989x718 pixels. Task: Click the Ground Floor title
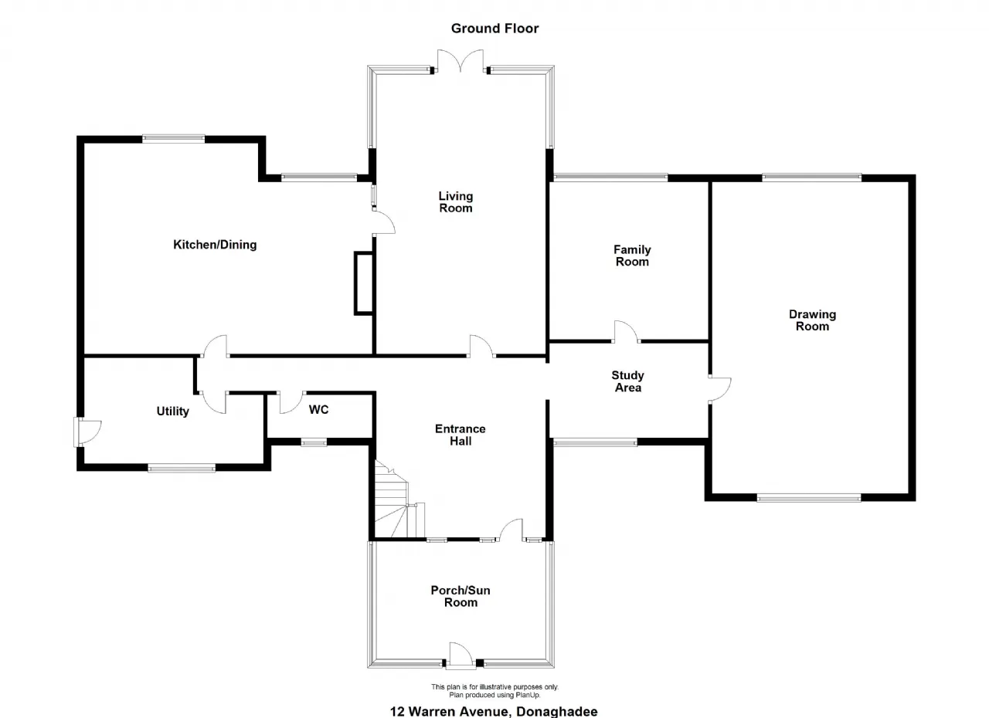tap(494, 29)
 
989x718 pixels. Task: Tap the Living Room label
tap(456, 202)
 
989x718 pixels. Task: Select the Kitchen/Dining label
tap(215, 245)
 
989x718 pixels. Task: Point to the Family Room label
tap(632, 256)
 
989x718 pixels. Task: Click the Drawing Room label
tap(812, 320)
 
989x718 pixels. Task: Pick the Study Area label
tap(628, 381)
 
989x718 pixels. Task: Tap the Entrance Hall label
tap(460, 435)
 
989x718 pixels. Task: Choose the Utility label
tap(172, 411)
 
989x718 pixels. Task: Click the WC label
tap(318, 410)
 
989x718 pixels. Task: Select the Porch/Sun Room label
tap(461, 596)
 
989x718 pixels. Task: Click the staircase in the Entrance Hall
tap(397, 500)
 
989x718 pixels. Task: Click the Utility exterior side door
tap(87, 432)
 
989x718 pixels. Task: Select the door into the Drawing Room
tap(719, 390)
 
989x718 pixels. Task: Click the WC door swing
tap(291, 402)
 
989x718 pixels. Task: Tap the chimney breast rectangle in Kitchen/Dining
tap(364, 283)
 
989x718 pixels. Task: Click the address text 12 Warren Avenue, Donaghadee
tap(494, 711)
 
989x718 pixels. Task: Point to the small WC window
tap(314, 442)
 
